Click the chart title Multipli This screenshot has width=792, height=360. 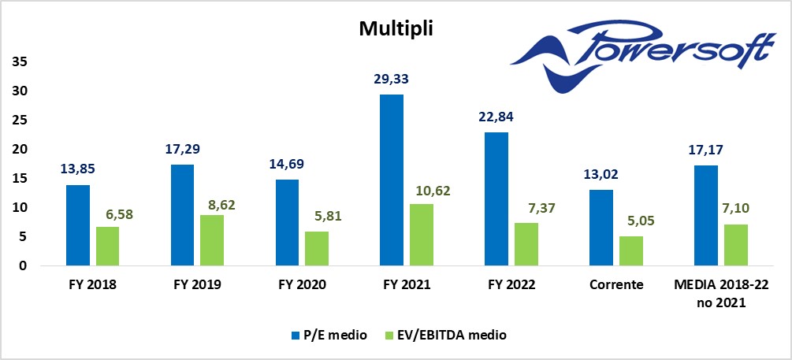click(x=396, y=29)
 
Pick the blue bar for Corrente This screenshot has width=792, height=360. click(x=601, y=228)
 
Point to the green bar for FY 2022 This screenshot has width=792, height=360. click(x=526, y=244)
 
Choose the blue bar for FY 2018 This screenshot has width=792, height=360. click(x=78, y=225)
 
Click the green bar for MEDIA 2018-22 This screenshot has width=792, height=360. click(x=735, y=245)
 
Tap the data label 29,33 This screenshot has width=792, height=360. click(x=392, y=79)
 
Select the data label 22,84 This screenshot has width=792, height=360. click(x=496, y=117)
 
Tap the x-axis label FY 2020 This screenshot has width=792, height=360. click(x=302, y=285)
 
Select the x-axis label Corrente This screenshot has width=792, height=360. click(x=615, y=285)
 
